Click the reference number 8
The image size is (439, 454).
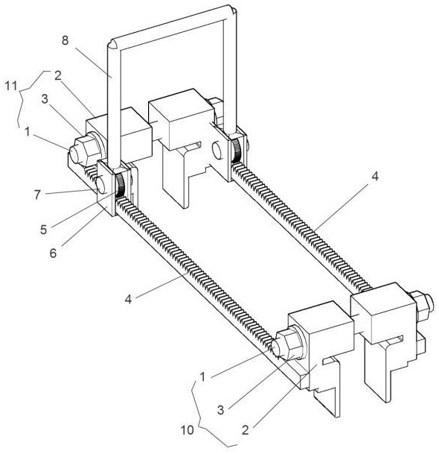tap(65, 40)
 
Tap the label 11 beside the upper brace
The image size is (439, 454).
tap(11, 86)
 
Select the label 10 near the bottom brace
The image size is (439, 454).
tap(188, 430)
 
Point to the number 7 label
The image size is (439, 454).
tap(37, 195)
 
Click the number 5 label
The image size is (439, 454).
tap(43, 230)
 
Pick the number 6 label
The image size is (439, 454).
tap(53, 253)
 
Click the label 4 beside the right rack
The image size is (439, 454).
tap(375, 177)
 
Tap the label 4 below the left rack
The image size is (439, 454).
tap(128, 298)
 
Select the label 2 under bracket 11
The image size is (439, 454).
tap(58, 76)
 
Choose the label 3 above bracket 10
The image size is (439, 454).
tap(221, 410)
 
